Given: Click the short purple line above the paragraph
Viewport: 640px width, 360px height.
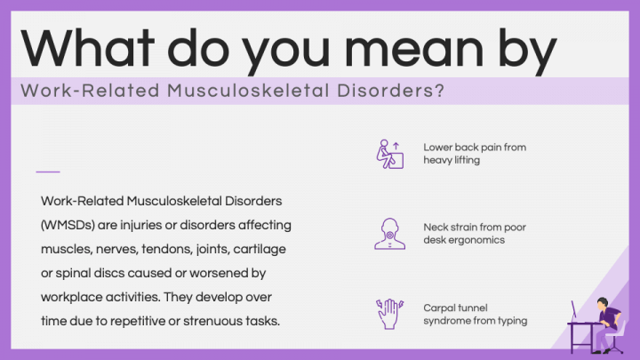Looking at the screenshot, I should point(48,171).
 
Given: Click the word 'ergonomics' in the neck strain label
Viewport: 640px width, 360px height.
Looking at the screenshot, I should point(477,240).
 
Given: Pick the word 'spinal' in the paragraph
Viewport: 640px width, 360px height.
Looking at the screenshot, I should point(70,272).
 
